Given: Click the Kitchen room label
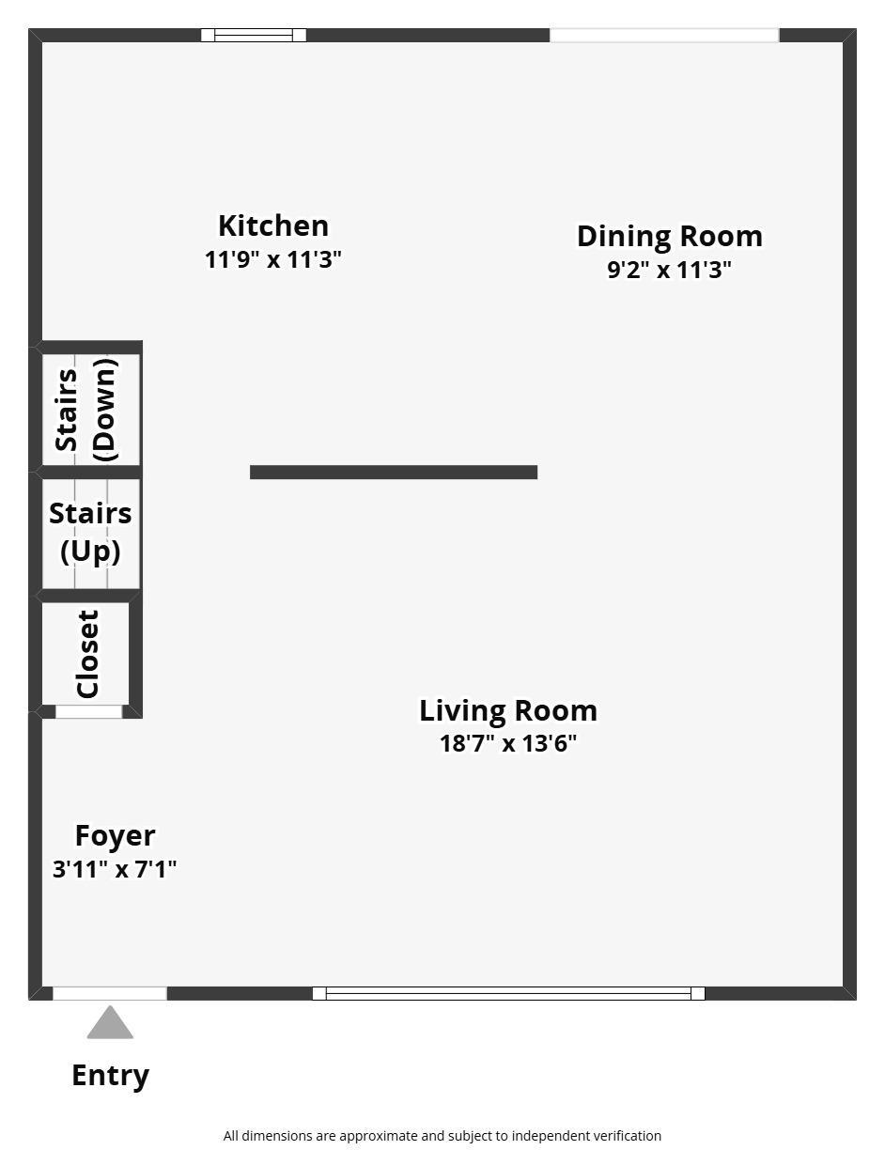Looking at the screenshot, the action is point(273,226).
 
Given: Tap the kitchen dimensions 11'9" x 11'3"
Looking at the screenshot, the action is point(273,260).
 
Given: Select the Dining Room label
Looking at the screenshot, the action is point(669,237).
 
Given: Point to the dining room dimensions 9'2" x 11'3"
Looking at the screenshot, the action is point(669,270).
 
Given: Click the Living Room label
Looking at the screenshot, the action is point(508,710).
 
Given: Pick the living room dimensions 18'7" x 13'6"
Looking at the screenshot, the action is point(508,743).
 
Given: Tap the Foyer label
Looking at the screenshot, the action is point(115,836).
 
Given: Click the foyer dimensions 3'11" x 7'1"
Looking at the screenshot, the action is point(115,869).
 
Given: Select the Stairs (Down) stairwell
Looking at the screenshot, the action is point(90,410).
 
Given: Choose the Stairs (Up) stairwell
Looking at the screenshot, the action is point(90,534).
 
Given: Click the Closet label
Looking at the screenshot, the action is point(87,654).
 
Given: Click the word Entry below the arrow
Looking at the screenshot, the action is point(110,1076).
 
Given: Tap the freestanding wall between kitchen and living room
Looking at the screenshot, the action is point(394,472).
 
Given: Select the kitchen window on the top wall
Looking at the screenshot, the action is point(254,35).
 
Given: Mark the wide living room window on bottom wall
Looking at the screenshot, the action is point(508,993).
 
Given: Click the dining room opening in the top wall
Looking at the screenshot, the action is point(664,35).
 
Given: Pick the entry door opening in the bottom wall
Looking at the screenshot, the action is point(110,993).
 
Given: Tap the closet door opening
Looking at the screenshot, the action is point(89,712).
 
